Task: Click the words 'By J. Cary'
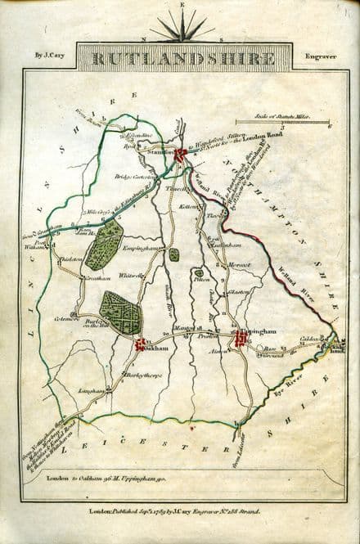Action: [x=49, y=56]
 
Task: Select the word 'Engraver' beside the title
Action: [x=315, y=57]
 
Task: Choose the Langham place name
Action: [x=90, y=390]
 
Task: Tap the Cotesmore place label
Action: [x=67, y=318]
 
